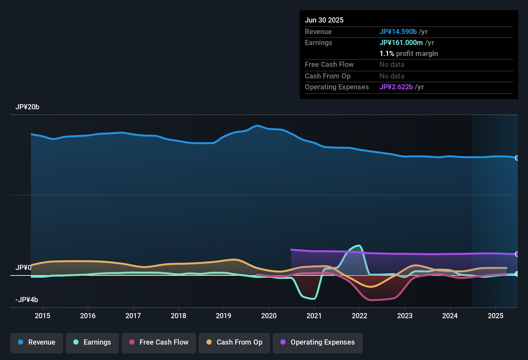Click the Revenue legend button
coord(37,342)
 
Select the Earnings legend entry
coord(92,342)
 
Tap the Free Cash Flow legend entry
coord(159,342)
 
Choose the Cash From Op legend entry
coord(234,342)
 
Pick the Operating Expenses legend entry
coord(318,342)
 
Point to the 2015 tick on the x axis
coord(42,316)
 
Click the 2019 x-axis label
coord(223,316)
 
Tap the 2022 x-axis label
coord(360,316)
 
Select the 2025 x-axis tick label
coord(496,316)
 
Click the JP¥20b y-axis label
coord(27,107)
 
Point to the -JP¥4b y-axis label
coord(27,300)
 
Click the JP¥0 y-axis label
coord(23,268)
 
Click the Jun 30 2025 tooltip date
coord(324,20)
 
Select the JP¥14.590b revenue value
coord(398,32)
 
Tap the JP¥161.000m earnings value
coord(401,43)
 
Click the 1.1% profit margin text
coord(409,54)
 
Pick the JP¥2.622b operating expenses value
coord(396,87)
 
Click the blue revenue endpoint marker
coord(517,158)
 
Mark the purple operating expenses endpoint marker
coord(517,254)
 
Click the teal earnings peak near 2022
coord(359,246)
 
